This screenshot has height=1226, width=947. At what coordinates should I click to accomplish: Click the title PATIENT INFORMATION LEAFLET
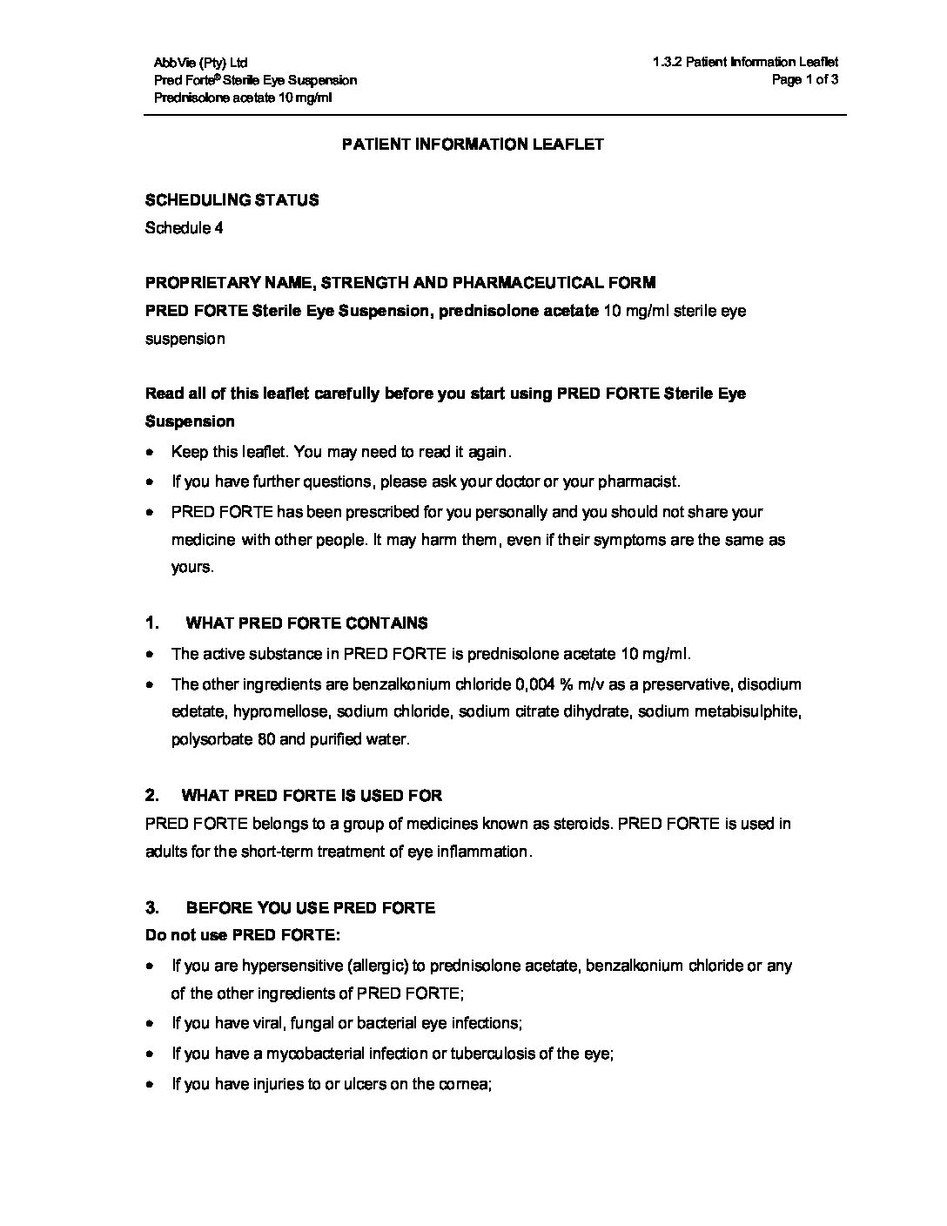point(472,145)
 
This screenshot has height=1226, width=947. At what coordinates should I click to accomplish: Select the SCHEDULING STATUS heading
point(232,200)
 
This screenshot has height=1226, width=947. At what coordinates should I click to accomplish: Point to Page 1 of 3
point(805,80)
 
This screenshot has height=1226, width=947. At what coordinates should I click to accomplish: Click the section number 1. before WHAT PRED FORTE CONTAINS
point(152,623)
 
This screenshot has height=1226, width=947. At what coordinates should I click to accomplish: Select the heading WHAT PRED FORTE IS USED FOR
point(312,796)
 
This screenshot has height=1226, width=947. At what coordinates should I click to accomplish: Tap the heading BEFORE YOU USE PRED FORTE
point(310,908)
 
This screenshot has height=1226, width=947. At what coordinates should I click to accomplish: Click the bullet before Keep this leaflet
point(151,453)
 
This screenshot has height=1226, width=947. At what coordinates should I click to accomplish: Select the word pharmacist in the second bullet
point(643,482)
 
